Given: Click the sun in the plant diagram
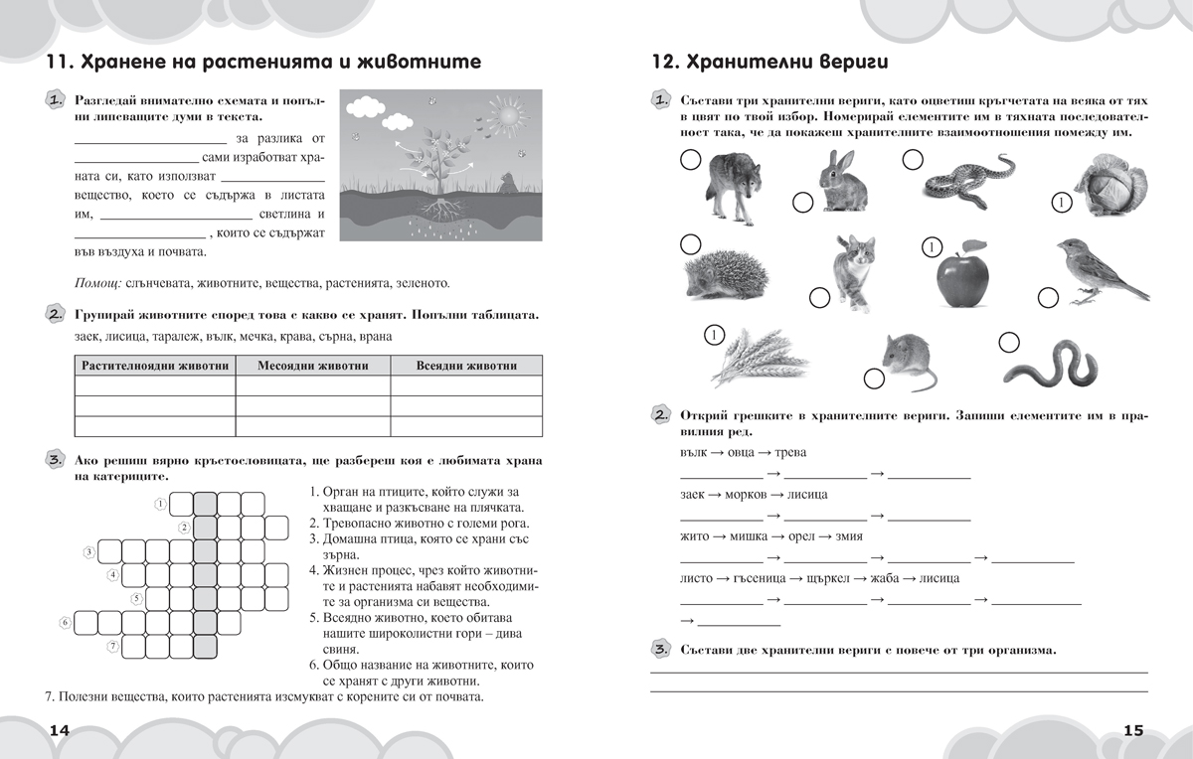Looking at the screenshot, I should click(509, 120).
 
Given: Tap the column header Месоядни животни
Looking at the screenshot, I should click(313, 366).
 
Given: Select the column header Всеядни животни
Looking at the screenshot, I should click(466, 366).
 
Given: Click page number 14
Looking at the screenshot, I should click(59, 730).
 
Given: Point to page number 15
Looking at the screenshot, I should click(1133, 730).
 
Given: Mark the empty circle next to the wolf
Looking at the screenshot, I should click(689, 159).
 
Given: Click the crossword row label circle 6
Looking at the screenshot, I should click(66, 623).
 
